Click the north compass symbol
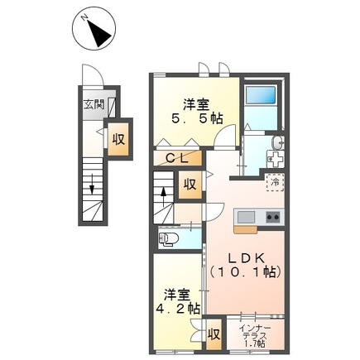(x=94, y=29)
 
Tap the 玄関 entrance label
(x=94, y=104)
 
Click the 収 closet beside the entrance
(x=118, y=139)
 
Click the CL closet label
(x=178, y=158)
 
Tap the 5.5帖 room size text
(x=197, y=118)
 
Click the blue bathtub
(x=261, y=94)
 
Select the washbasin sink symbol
(x=277, y=142)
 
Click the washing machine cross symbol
(x=276, y=160)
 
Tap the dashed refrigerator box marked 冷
(x=275, y=182)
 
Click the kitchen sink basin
(x=246, y=217)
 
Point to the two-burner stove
(x=273, y=217)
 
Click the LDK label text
(x=246, y=258)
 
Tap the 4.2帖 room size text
(x=178, y=309)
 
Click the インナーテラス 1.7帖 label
(x=253, y=336)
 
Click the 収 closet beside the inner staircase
(x=190, y=185)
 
